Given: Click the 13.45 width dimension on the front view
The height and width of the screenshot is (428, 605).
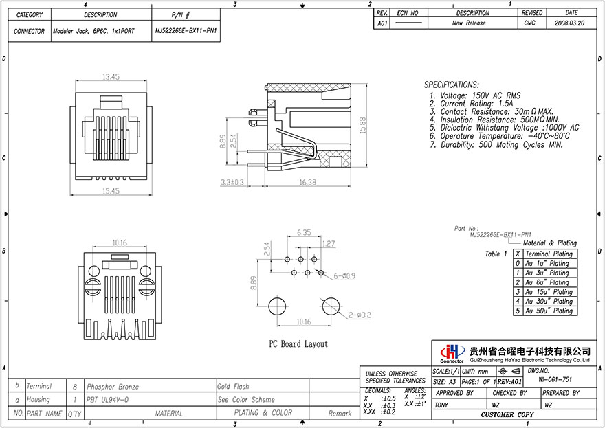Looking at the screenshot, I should (x=111, y=76).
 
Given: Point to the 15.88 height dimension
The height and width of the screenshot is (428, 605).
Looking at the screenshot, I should (x=362, y=124).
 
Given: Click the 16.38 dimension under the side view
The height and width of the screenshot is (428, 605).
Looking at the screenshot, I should (x=308, y=182).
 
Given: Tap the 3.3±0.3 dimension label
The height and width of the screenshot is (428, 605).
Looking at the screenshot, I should (x=233, y=182).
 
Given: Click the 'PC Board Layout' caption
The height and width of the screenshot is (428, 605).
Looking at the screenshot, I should (x=298, y=343).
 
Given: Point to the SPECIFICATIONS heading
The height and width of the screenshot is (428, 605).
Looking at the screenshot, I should (x=461, y=84).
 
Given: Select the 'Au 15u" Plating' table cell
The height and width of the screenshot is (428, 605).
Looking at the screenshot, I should (x=547, y=292).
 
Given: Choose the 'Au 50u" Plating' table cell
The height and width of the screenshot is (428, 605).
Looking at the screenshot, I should (x=547, y=311).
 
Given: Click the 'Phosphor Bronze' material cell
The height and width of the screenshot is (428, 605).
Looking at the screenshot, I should (x=110, y=387).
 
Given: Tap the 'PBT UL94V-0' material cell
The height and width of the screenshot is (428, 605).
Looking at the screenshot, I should (x=107, y=399).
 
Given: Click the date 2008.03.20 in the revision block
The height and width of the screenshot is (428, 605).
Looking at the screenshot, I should (x=571, y=23).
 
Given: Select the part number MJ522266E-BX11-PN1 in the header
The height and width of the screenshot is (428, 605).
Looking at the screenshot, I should (x=186, y=31).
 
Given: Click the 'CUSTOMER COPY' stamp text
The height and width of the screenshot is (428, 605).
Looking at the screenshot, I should (x=507, y=416).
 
